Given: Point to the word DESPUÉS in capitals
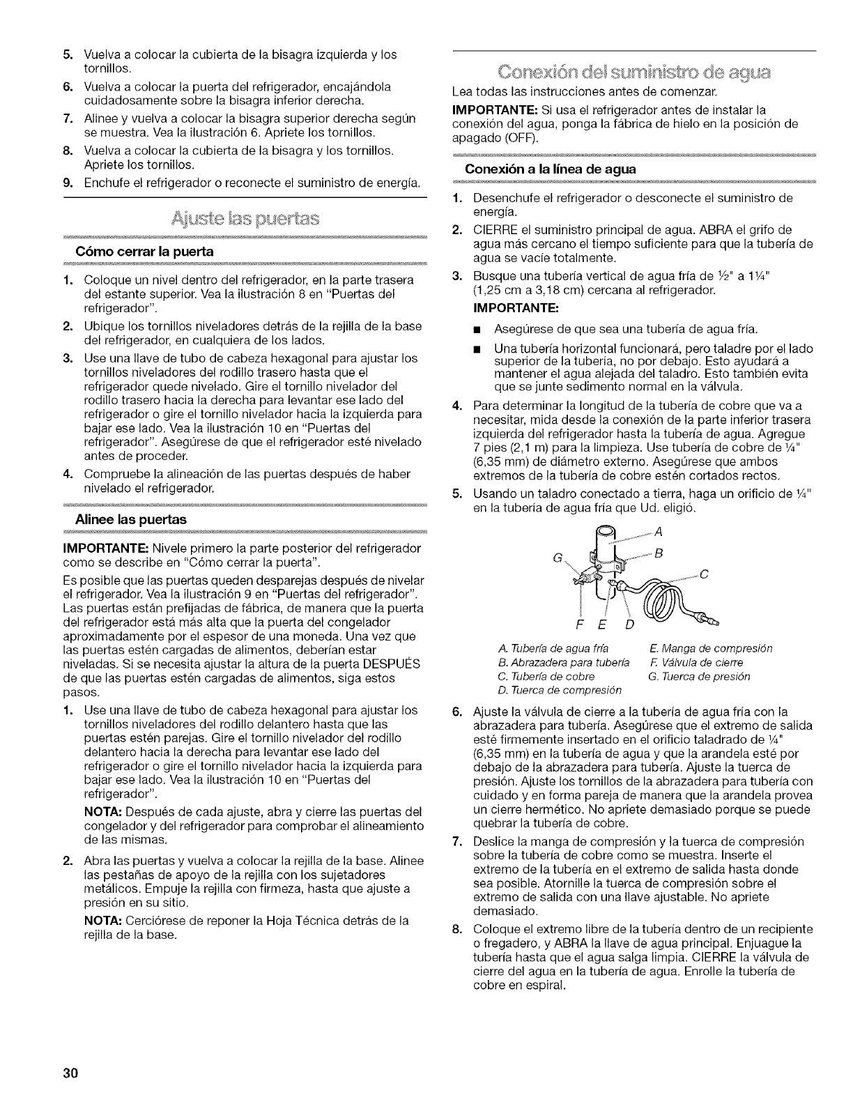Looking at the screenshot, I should [x=397, y=664].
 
